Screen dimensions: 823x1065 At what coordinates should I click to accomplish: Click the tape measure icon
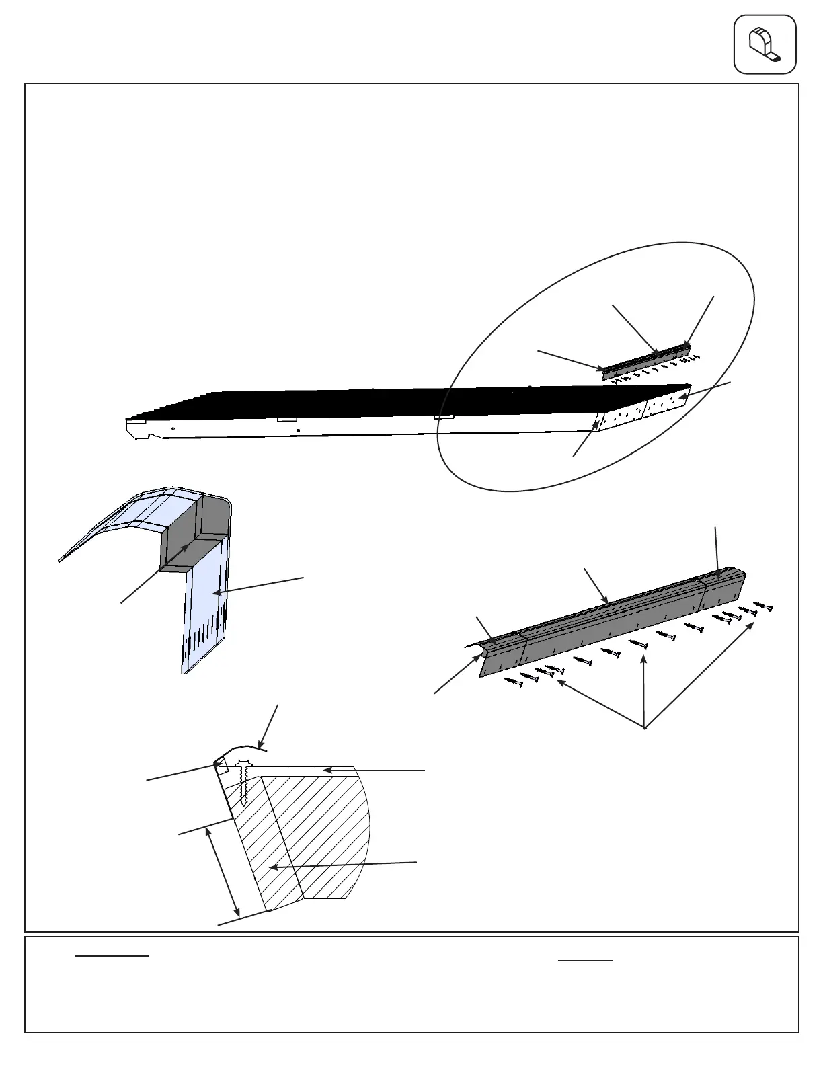[x=765, y=44]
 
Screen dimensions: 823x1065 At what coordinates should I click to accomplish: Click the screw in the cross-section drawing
[x=243, y=780]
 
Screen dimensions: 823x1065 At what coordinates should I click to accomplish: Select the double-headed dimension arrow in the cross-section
[x=223, y=870]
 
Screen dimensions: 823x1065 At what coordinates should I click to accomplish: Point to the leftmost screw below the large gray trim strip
[x=514, y=683]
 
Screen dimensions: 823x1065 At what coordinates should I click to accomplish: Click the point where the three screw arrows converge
[x=645, y=728]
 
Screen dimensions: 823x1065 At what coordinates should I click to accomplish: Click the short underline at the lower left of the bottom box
[x=112, y=955]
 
